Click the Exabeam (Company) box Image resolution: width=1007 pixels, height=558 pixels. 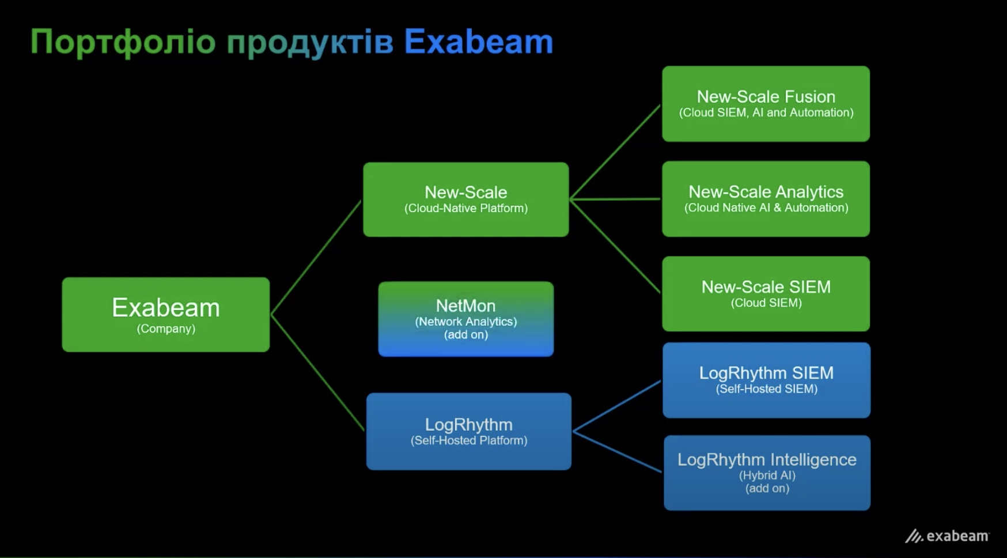coord(166,315)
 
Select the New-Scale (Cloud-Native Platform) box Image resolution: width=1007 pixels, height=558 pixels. coord(466,199)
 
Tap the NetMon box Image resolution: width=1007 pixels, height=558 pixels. coord(466,319)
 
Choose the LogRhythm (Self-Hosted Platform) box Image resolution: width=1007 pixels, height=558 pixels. coord(469,431)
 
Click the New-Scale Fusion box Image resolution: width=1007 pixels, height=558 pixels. coord(766,104)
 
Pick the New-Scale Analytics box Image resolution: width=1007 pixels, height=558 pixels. coord(766,199)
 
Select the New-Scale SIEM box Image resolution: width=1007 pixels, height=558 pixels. coord(766,294)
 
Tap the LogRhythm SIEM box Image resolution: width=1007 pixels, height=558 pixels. coord(767,380)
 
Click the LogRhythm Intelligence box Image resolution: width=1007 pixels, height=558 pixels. coord(767,473)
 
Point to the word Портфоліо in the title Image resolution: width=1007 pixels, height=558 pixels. coord(123,43)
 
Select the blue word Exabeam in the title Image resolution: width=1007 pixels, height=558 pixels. coord(479,42)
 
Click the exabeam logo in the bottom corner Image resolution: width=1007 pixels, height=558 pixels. coord(947,536)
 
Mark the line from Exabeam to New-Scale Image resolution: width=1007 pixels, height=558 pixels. coord(316,258)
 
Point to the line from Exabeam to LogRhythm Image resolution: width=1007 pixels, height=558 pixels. coord(317,373)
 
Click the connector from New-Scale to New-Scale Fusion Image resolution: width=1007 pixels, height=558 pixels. coord(615,152)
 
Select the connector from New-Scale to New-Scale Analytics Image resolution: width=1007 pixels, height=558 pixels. coord(615,199)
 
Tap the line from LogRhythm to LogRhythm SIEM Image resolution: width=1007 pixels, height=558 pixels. coord(617,406)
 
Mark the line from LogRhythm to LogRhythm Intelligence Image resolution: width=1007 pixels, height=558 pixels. coord(618,452)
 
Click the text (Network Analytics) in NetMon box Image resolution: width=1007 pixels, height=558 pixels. coord(466,322)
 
